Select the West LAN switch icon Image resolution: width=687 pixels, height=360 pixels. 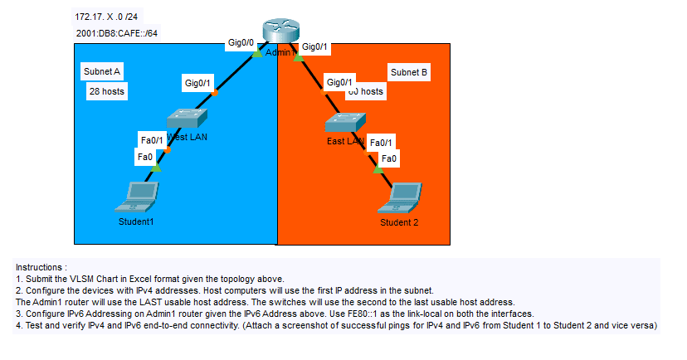pyautogui.click(x=184, y=119)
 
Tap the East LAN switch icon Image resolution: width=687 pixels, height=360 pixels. pyautogui.click(x=344, y=124)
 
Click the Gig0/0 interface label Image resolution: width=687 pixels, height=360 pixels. pyautogui.click(x=241, y=42)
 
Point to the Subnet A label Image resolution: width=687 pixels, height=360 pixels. pyautogui.click(x=102, y=72)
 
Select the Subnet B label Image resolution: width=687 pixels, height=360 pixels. pyautogui.click(x=409, y=73)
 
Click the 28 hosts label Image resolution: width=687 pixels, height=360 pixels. pyautogui.click(x=107, y=91)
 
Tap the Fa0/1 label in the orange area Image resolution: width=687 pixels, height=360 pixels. pyautogui.click(x=380, y=143)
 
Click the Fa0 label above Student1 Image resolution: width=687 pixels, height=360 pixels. pyautogui.click(x=144, y=156)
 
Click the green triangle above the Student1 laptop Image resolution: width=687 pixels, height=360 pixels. pyautogui.click(x=155, y=168)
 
